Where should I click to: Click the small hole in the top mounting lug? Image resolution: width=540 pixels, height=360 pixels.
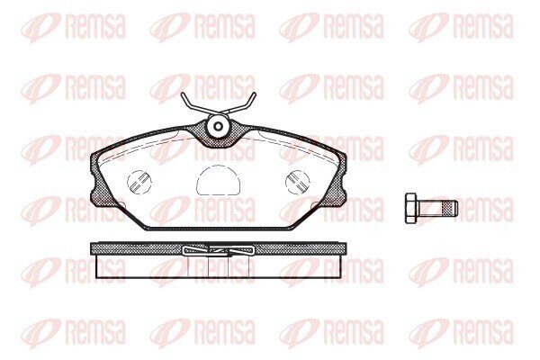pyautogui.click(x=218, y=126)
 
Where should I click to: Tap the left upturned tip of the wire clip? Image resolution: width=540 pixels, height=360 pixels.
pyautogui.click(x=182, y=93)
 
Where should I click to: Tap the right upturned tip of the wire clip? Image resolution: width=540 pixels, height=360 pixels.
pyautogui.click(x=255, y=93)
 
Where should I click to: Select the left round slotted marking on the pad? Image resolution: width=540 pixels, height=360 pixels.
pyautogui.click(x=139, y=182)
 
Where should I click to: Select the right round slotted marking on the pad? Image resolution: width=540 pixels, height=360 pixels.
pyautogui.click(x=298, y=182)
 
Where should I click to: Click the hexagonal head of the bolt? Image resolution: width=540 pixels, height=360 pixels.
pyautogui.click(x=411, y=209)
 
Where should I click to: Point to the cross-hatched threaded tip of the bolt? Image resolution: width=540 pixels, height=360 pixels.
pyautogui.click(x=450, y=209)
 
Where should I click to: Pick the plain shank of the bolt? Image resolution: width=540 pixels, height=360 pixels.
pyautogui.click(x=429, y=209)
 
